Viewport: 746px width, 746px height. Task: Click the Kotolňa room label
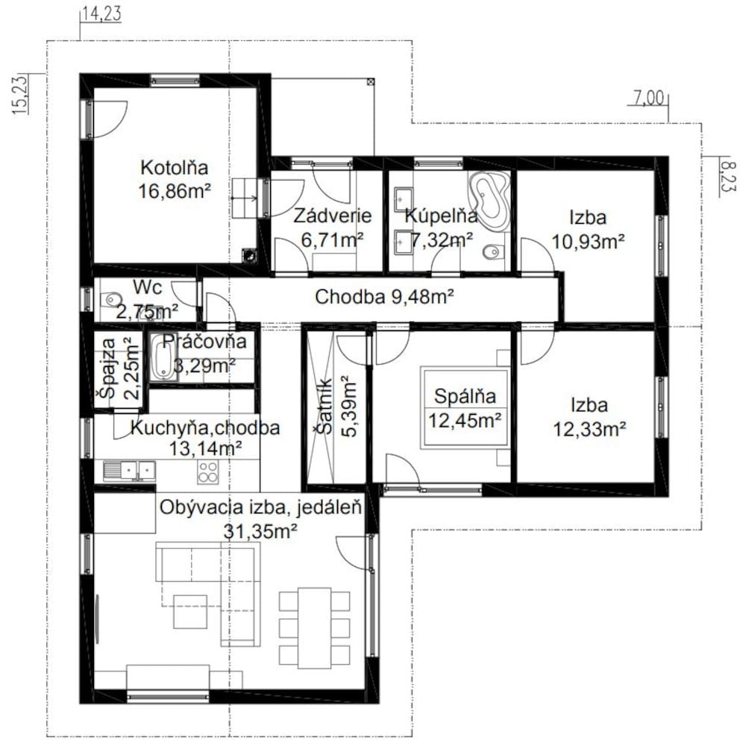coord(174,168)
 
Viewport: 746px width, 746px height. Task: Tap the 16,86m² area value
coord(175,191)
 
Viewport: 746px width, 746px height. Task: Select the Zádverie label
coord(332,216)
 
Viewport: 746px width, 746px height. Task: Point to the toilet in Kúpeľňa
coord(492,251)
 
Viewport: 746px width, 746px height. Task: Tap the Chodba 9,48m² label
coord(384,297)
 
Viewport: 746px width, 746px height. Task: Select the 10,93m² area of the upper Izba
coord(588,241)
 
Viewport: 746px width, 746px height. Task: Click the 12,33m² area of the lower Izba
coord(589,429)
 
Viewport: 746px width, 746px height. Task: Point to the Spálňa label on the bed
coord(465,396)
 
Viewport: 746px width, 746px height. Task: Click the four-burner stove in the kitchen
coord(208,472)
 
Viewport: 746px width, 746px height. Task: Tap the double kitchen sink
coord(129,470)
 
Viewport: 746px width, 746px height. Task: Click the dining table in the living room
coord(315,628)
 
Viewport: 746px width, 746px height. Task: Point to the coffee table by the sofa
coord(189,612)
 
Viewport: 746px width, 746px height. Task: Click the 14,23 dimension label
coord(101,13)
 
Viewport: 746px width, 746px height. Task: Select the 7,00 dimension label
coord(648,98)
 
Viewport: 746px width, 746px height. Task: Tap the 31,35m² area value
coord(260,531)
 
